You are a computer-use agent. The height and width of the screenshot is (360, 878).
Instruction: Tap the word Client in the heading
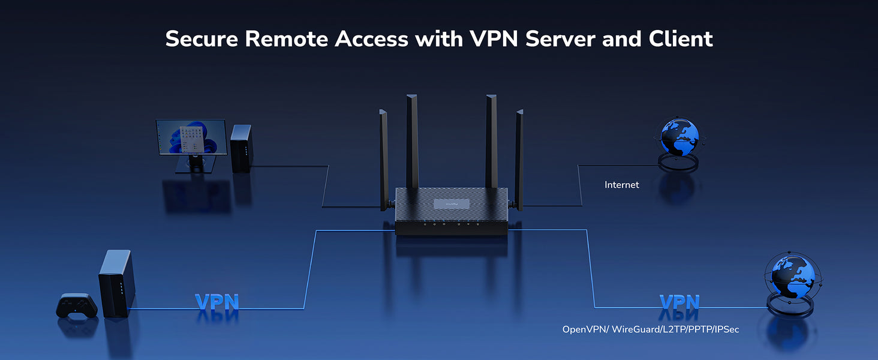(681, 39)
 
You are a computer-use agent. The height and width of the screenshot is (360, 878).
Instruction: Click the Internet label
(622, 185)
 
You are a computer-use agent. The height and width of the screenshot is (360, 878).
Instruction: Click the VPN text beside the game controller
(217, 302)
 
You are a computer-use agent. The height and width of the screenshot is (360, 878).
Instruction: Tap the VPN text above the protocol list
(679, 302)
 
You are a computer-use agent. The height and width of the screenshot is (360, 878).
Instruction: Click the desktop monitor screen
(191, 136)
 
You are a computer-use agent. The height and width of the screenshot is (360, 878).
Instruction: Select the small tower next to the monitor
(241, 148)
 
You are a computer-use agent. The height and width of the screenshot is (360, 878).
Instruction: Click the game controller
(76, 305)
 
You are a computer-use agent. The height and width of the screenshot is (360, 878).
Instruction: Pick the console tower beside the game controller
(116, 283)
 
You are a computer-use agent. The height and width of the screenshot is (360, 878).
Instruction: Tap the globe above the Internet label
(679, 136)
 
